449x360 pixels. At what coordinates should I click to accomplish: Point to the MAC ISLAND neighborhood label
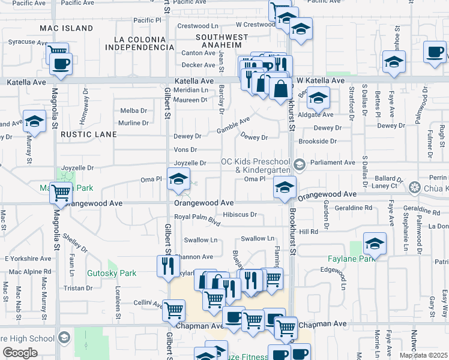(67, 28)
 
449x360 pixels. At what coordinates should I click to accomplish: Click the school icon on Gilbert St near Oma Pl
(178, 179)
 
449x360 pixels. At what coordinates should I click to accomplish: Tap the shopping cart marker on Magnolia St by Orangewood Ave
(61, 193)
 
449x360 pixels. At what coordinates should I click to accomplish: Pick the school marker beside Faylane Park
(375, 243)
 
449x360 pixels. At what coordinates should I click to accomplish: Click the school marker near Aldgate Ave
(318, 98)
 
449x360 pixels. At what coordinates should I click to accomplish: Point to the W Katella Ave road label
(321, 80)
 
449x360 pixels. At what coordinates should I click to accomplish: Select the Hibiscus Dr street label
(240, 214)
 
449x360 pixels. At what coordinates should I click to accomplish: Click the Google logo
(20, 353)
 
